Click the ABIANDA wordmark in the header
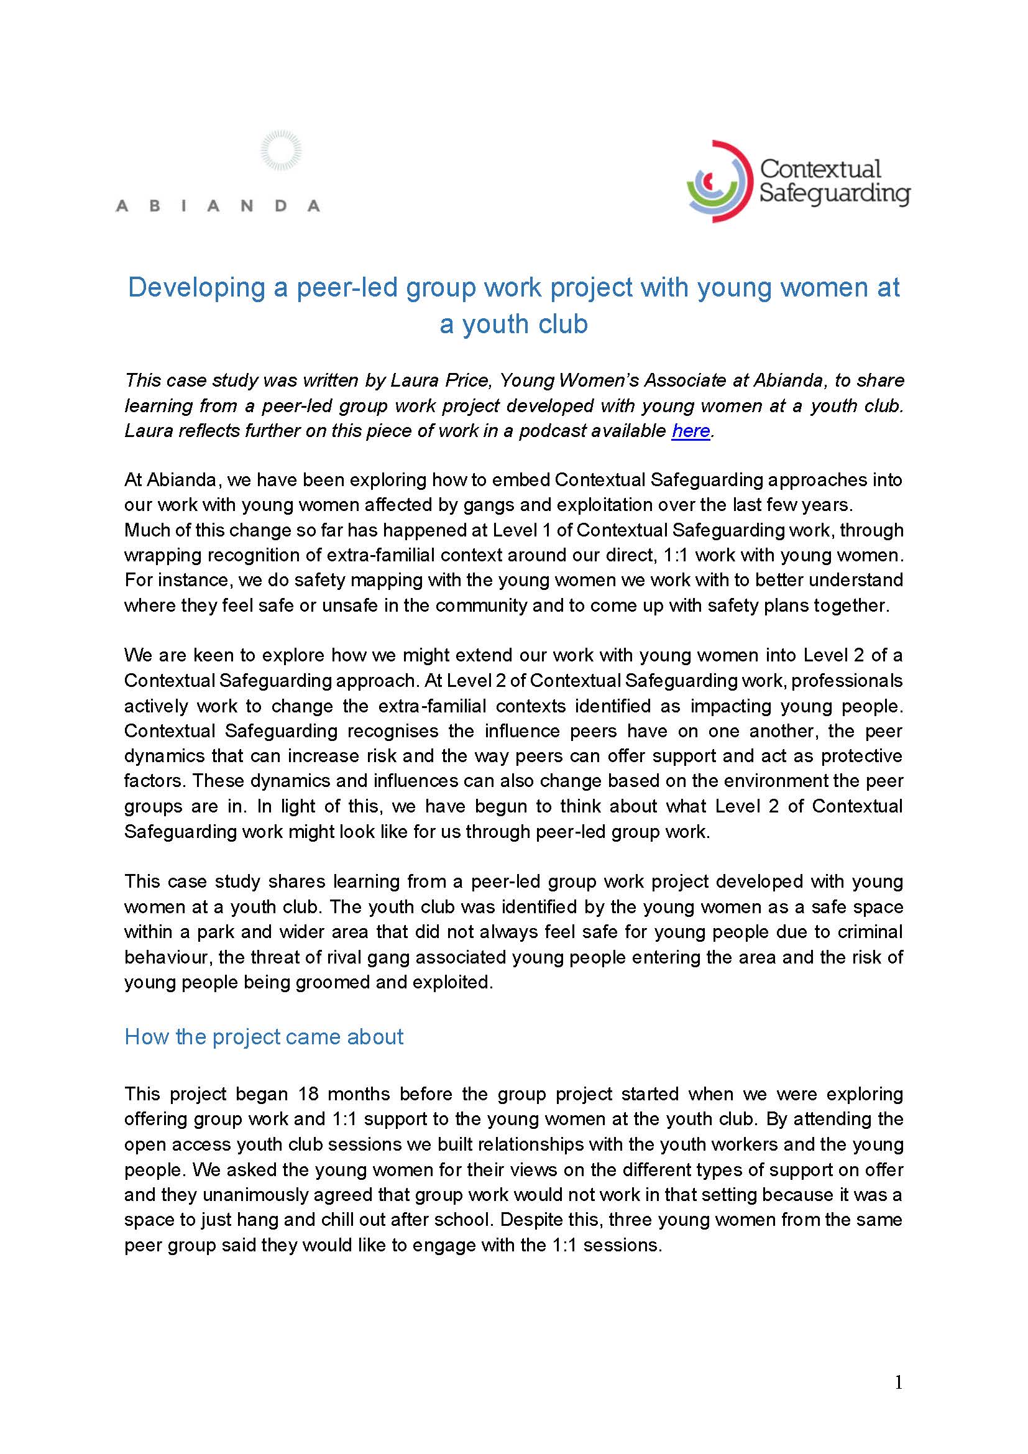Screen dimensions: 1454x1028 pos(217,206)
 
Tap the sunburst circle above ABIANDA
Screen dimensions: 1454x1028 pos(281,150)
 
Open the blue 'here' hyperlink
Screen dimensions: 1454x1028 pos(691,431)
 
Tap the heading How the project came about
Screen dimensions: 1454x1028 pos(264,1037)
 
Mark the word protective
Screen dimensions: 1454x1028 pos(861,755)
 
